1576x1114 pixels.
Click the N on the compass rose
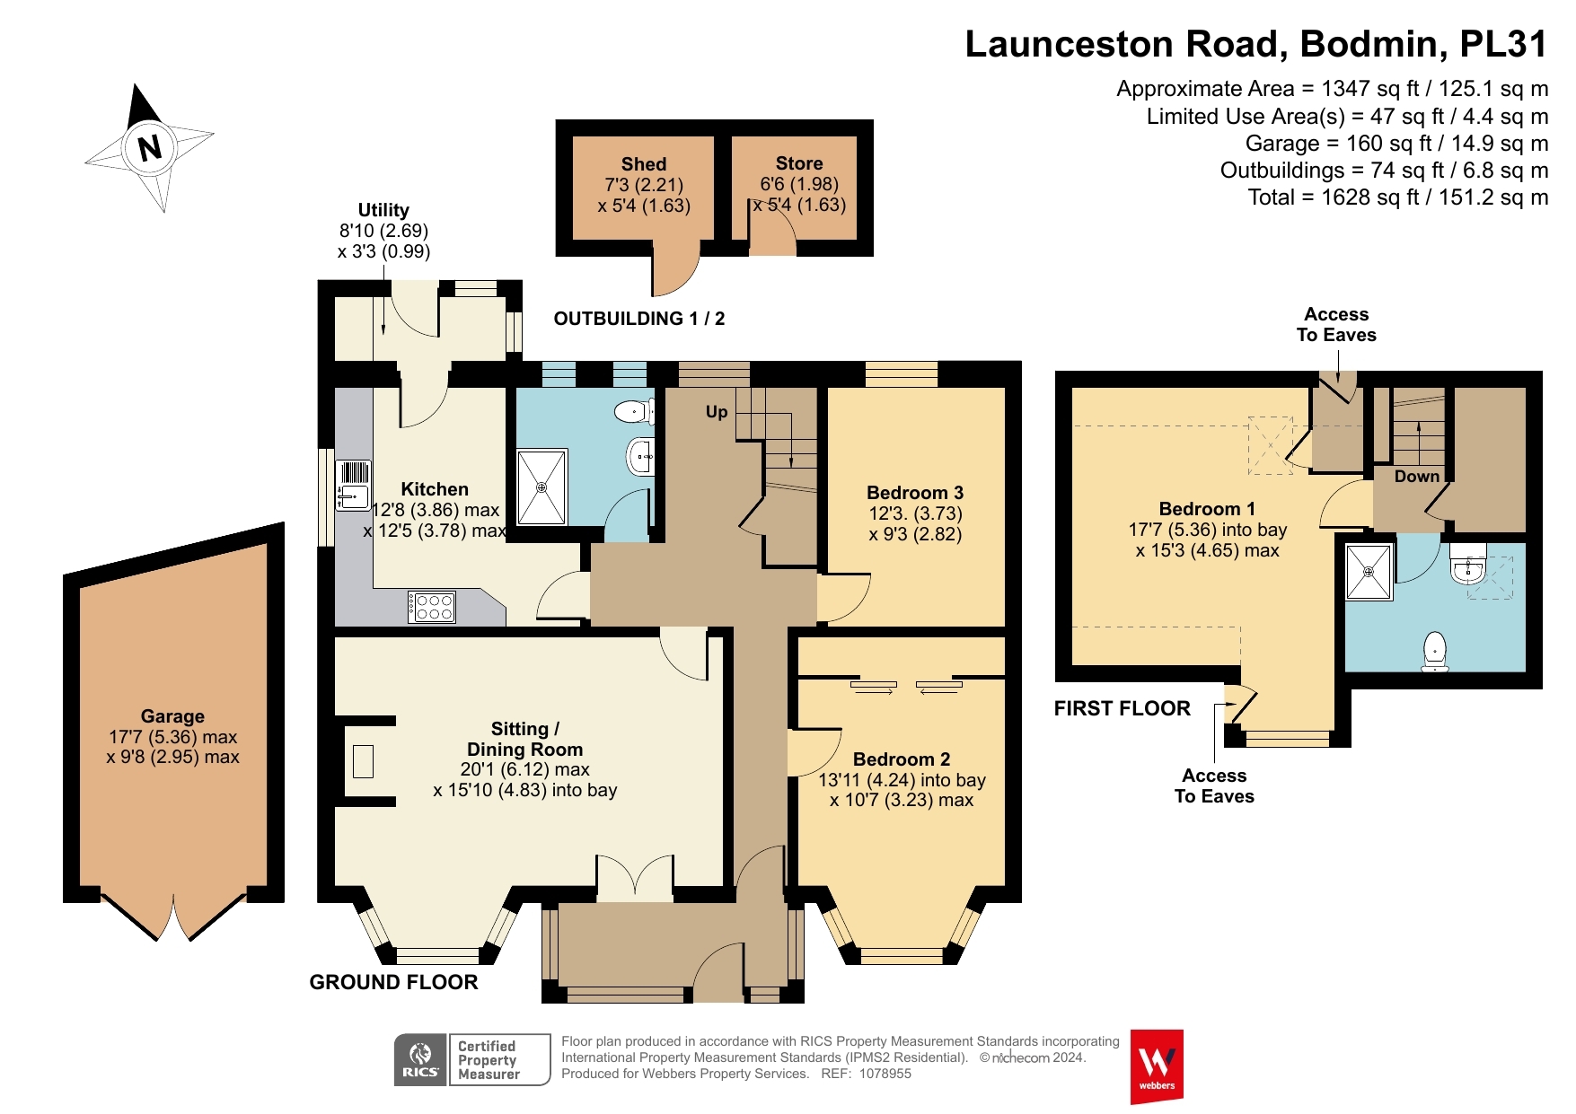[x=150, y=146]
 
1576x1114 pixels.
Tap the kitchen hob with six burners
[x=432, y=607]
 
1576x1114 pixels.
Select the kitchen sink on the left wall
[x=353, y=485]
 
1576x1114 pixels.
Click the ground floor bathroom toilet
[x=634, y=412]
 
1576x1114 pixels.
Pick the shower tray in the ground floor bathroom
[x=541, y=487]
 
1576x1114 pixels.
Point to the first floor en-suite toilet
[x=1435, y=652]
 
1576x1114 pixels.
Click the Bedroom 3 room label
[x=915, y=493]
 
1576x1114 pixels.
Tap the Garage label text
[x=172, y=716]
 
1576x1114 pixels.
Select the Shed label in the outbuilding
[x=644, y=164]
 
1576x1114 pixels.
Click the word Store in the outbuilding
[x=799, y=163]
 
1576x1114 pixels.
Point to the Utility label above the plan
[x=383, y=210]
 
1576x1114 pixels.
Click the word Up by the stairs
[x=717, y=412]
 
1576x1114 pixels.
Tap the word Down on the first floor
[x=1416, y=477]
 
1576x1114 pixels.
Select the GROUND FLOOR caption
[x=393, y=982]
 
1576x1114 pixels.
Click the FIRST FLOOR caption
[x=1123, y=708]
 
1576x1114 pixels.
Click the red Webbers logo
[x=1157, y=1066]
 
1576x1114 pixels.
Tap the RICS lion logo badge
[x=420, y=1060]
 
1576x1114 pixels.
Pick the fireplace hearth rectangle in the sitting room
[x=363, y=761]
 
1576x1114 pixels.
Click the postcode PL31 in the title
[x=1503, y=44]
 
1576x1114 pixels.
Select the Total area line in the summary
[x=1398, y=197]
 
